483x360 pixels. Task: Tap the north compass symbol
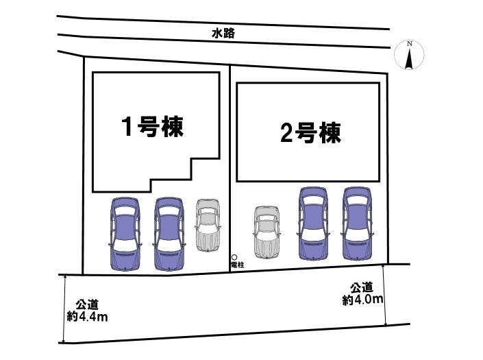410,56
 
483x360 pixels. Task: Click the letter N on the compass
410,44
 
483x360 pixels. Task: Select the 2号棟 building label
310,132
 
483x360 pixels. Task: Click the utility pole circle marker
234,257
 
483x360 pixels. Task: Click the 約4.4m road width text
87,316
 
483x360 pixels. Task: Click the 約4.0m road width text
362,299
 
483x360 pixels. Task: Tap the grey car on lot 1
207,226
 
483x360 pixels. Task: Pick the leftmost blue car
125,234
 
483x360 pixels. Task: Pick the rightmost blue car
356,224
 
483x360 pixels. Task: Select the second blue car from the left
169,234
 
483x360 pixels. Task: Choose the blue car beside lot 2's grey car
312,224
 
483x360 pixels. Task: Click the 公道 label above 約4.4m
88,304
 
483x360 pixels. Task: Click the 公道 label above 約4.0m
362,287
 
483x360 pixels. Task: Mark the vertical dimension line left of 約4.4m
64,309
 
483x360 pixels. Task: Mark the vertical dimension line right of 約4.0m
385,295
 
